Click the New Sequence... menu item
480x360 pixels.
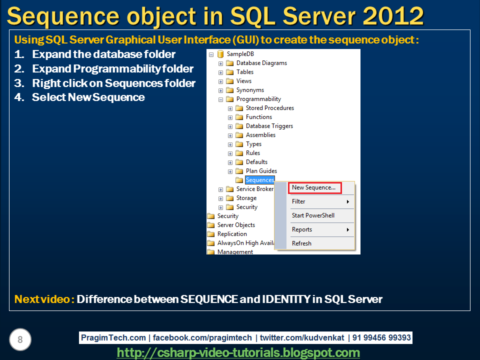314,187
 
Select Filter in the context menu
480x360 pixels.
298,201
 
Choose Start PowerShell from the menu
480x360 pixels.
313,215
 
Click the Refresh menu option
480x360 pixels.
301,243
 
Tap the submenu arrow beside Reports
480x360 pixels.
348,229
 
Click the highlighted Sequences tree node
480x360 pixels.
259,180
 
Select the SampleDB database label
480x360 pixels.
240,54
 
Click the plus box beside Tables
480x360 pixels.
220,72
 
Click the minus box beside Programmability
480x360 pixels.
220,99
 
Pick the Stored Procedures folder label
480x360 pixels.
269,108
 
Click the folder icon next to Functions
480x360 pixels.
239,117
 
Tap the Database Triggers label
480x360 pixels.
269,126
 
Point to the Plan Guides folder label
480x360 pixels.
261,171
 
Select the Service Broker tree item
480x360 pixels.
255,189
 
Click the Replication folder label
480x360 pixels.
232,234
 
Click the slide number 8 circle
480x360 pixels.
20,339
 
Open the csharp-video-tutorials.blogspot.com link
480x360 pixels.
238,352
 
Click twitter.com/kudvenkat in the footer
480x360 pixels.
302,337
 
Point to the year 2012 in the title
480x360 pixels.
393,16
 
